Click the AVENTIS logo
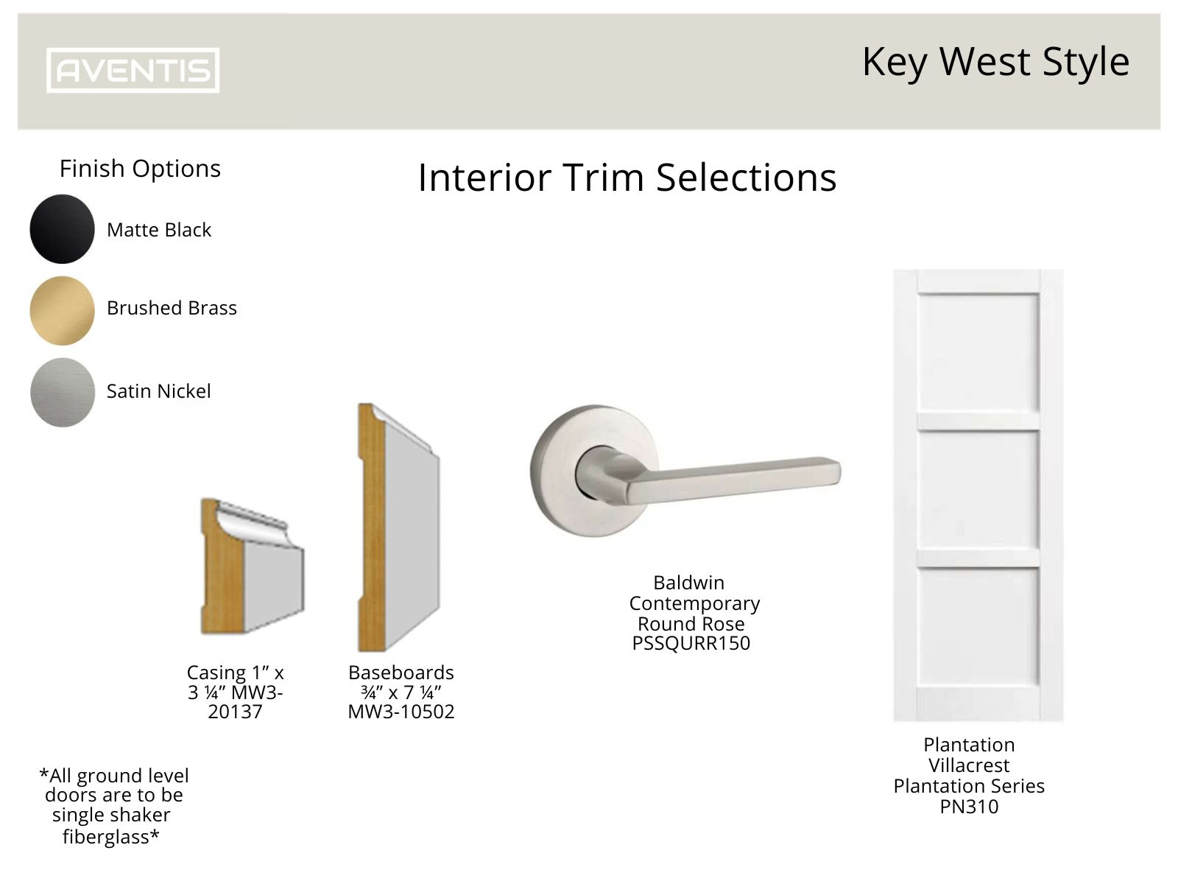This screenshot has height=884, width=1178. pos(133,71)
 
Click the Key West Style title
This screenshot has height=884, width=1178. pos(995,61)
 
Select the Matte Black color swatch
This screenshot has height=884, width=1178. pos(62,229)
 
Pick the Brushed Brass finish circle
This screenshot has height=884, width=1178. pos(62,310)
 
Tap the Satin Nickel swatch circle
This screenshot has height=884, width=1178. pos(62,392)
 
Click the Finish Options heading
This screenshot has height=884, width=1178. pos(140,169)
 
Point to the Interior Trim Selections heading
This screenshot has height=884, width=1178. pos(627,178)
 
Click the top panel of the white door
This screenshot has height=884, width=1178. pos(978,352)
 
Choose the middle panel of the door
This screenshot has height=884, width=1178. pos(978,489)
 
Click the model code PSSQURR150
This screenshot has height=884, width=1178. pos(691,643)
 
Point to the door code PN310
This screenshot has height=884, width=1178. pos(969,807)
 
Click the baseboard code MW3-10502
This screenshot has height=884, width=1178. pos(401,712)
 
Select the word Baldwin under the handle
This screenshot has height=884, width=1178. pos(688,583)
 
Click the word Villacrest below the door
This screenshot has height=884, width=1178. pos(969,765)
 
